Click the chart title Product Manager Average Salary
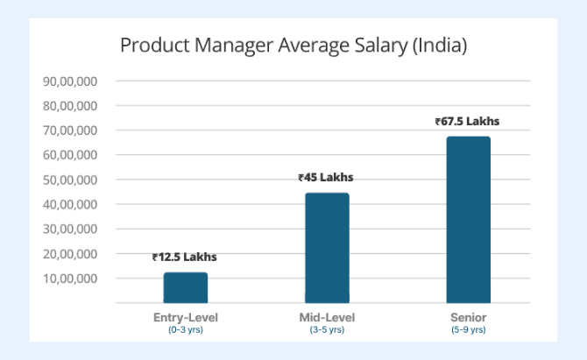[293, 45]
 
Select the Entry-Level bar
[185, 287]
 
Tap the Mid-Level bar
[326, 248]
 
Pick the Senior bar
[467, 220]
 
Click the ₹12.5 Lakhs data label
[185, 258]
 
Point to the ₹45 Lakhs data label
[326, 178]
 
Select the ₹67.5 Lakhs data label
[467, 122]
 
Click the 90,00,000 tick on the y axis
[69, 81]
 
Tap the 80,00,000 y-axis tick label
[69, 106]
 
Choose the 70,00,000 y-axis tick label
[69, 131]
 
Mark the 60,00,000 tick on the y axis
[69, 155]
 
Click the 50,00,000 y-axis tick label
[69, 180]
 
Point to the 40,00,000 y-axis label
[69, 204]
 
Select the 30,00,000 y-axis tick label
[69, 229]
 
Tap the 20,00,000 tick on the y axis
[69, 254]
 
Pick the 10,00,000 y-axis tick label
[69, 279]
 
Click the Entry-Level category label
[185, 317]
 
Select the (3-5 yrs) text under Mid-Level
[326, 330]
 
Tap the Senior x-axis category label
[467, 317]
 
